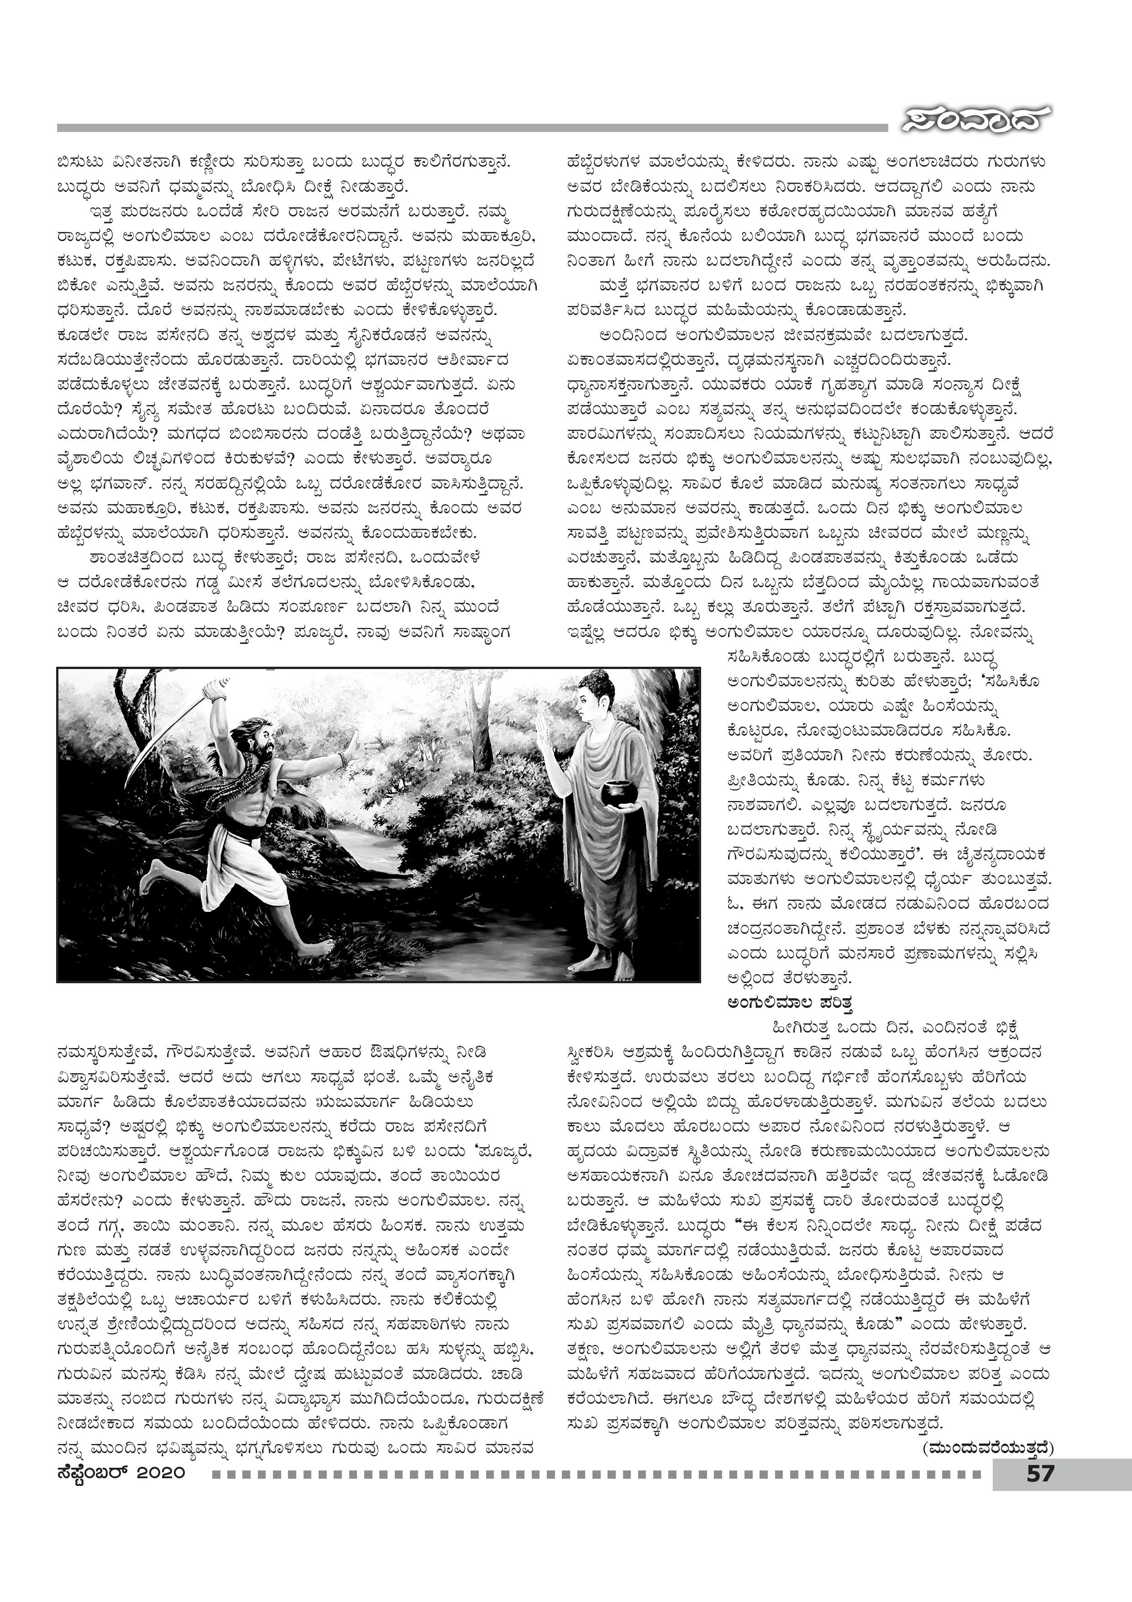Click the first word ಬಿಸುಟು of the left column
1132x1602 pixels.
pos(80,162)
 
